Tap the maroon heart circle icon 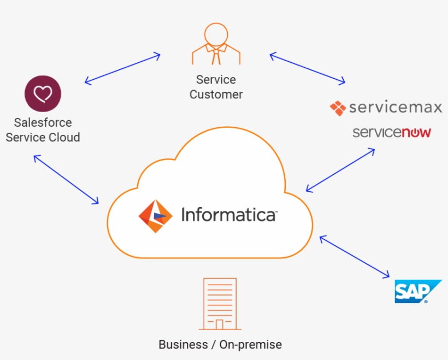click(x=43, y=93)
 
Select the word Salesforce click(x=43, y=122)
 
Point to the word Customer click(x=216, y=95)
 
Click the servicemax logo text click(x=395, y=107)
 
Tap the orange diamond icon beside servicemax click(x=338, y=108)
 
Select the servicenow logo click(x=392, y=132)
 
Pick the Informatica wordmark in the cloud click(x=228, y=215)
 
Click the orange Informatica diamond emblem click(x=155, y=216)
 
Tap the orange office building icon click(x=220, y=304)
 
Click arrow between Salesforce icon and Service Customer click(x=122, y=68)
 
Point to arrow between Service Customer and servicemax click(x=308, y=68)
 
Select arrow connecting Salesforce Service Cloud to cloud click(x=66, y=179)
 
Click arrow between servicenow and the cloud click(x=340, y=170)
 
